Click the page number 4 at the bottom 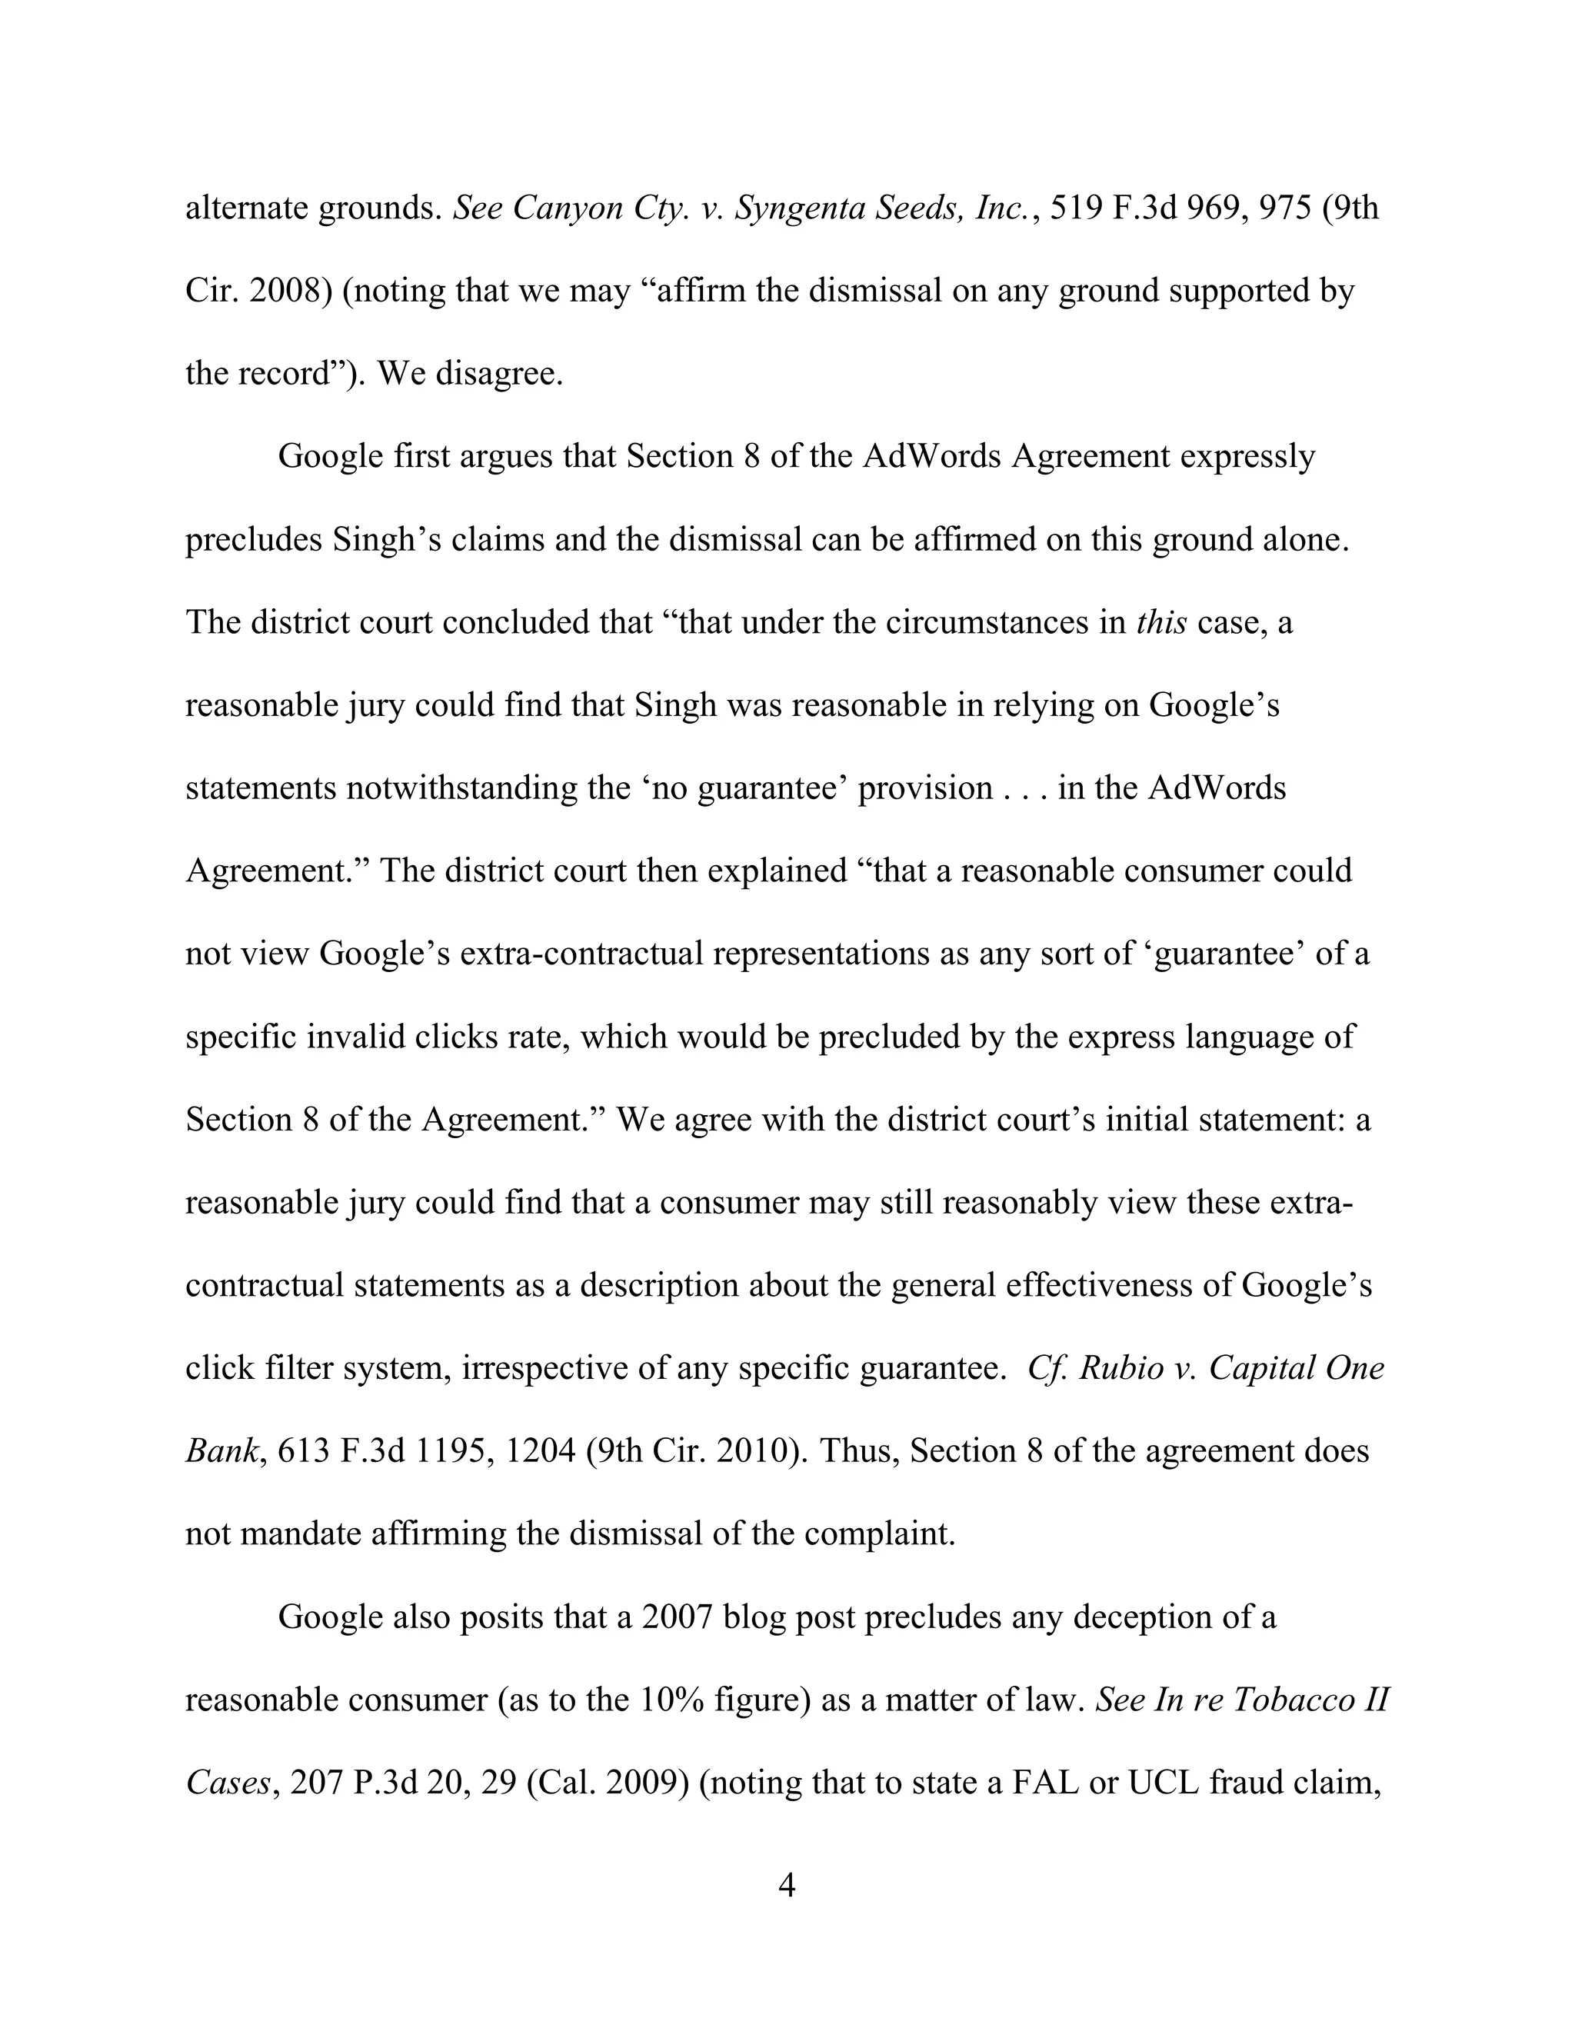[x=787, y=1886]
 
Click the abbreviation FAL [x=1041, y=1783]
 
